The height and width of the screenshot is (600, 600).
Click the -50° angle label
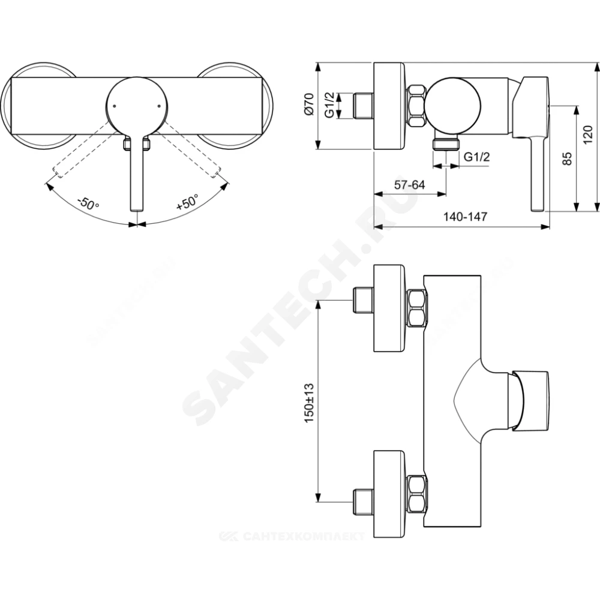88,203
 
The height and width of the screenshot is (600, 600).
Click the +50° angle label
187,202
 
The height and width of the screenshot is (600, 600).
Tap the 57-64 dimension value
409,185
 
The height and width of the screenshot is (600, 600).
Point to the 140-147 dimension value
466,217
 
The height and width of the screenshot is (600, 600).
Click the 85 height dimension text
568,158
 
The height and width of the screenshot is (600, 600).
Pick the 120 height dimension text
588,134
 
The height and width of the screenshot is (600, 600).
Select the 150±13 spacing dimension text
309,402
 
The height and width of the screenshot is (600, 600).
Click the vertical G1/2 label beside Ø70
329,105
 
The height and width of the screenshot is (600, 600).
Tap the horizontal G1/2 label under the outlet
476,157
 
